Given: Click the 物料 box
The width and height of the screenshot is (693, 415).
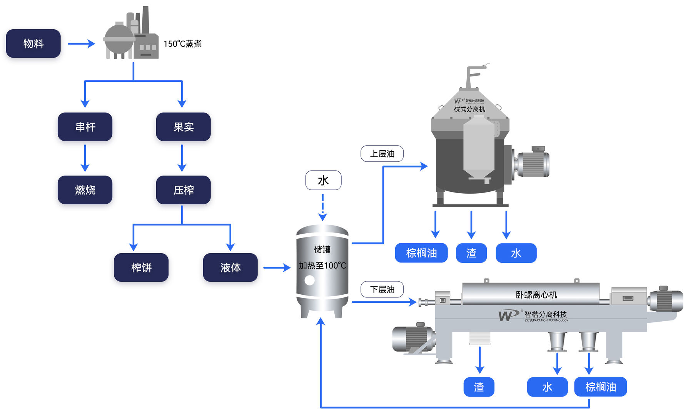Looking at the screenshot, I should click(33, 43).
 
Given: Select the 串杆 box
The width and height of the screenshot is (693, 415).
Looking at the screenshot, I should click(85, 127).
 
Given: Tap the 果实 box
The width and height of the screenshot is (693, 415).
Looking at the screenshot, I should click(183, 127).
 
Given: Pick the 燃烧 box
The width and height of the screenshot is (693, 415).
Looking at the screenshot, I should click(85, 190).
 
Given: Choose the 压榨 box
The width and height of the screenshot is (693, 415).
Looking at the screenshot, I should click(183, 190).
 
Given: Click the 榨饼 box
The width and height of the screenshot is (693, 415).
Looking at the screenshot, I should click(141, 267).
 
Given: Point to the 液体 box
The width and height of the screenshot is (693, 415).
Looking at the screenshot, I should click(230, 267).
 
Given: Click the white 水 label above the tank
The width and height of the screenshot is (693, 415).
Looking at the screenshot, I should click(323, 180).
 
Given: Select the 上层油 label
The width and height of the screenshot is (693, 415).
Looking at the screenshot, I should click(382, 154).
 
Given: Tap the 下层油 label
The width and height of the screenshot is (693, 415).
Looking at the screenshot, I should click(382, 289).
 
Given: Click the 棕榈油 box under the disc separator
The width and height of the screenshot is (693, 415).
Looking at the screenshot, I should click(421, 253).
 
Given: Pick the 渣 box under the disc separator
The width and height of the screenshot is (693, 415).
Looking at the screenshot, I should click(471, 253).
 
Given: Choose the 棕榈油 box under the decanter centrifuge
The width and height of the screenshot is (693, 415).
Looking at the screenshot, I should click(600, 387).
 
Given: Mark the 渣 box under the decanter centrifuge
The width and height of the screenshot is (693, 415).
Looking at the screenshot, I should click(479, 387).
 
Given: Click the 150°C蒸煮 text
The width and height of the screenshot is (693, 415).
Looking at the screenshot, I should click(182, 44).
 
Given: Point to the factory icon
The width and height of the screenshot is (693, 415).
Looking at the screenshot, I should click(131, 35).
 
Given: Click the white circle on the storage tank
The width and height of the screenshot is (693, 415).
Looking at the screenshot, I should click(309, 281).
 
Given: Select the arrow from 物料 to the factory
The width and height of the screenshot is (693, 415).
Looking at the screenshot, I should click(81, 44).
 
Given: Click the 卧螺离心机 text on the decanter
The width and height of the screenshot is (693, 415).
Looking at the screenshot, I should click(536, 295).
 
